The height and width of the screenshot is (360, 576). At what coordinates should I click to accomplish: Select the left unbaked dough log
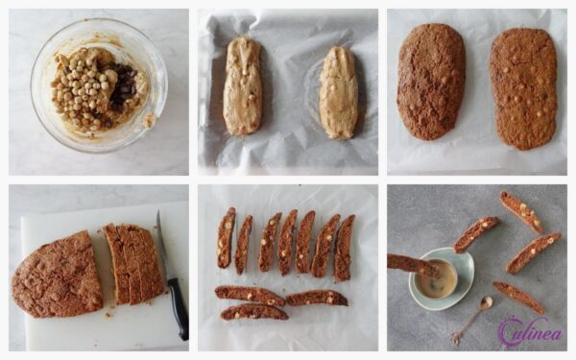pyautogui.click(x=242, y=85)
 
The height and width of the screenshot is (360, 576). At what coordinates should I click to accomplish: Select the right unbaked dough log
pyautogui.click(x=338, y=92)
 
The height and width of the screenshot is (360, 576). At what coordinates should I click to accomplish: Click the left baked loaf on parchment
pyautogui.click(x=430, y=81)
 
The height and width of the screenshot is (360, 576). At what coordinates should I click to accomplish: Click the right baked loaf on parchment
pyautogui.click(x=523, y=87)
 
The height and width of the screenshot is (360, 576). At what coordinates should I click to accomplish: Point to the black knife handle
pyautogui.click(x=178, y=307)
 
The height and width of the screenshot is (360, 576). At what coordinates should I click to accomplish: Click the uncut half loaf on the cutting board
pyautogui.click(x=58, y=274)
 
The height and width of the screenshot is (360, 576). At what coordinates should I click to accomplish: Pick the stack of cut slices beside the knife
pyautogui.click(x=133, y=264)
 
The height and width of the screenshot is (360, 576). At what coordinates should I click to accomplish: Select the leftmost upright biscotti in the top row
pyautogui.click(x=226, y=237)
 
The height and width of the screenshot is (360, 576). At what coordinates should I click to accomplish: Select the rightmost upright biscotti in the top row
pyautogui.click(x=344, y=248)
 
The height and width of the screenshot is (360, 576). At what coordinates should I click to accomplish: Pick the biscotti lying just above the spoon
pyautogui.click(x=517, y=297)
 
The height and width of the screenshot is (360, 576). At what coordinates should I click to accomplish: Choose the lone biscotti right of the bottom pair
pyautogui.click(x=316, y=298)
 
